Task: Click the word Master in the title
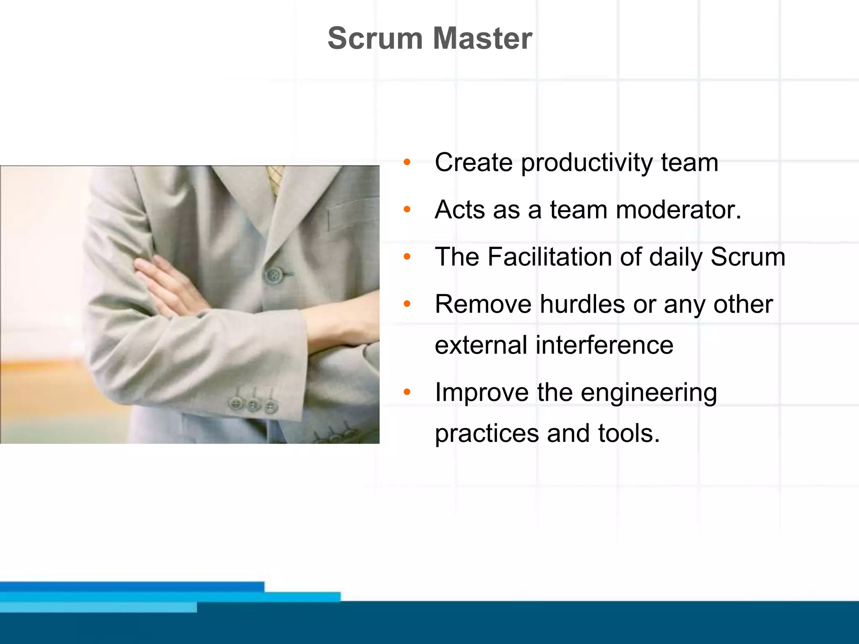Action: coord(482,39)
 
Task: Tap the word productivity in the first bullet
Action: coord(586,163)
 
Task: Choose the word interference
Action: coord(604,345)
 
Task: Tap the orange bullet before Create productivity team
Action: coord(406,162)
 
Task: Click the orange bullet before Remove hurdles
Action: coord(406,304)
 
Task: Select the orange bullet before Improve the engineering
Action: coord(406,392)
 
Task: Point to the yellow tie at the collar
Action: coord(276,178)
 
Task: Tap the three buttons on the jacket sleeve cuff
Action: coord(253,405)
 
